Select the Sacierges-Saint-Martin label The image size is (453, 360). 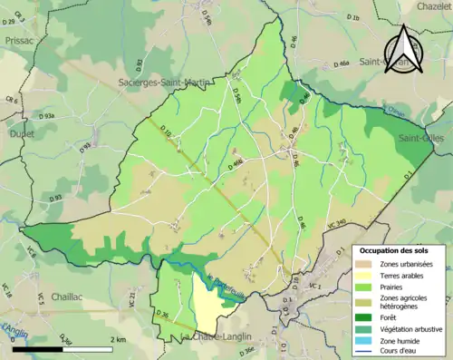click(x=159, y=83)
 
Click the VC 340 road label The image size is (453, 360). click(x=334, y=223)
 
